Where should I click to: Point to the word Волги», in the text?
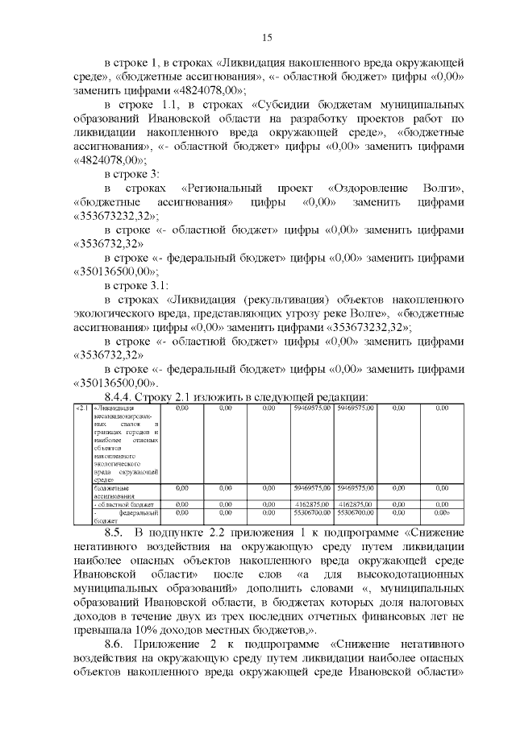coord(443,187)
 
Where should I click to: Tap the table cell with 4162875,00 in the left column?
coord(311,503)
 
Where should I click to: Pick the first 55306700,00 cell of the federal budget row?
coord(311,512)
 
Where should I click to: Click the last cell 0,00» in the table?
coord(440,512)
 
